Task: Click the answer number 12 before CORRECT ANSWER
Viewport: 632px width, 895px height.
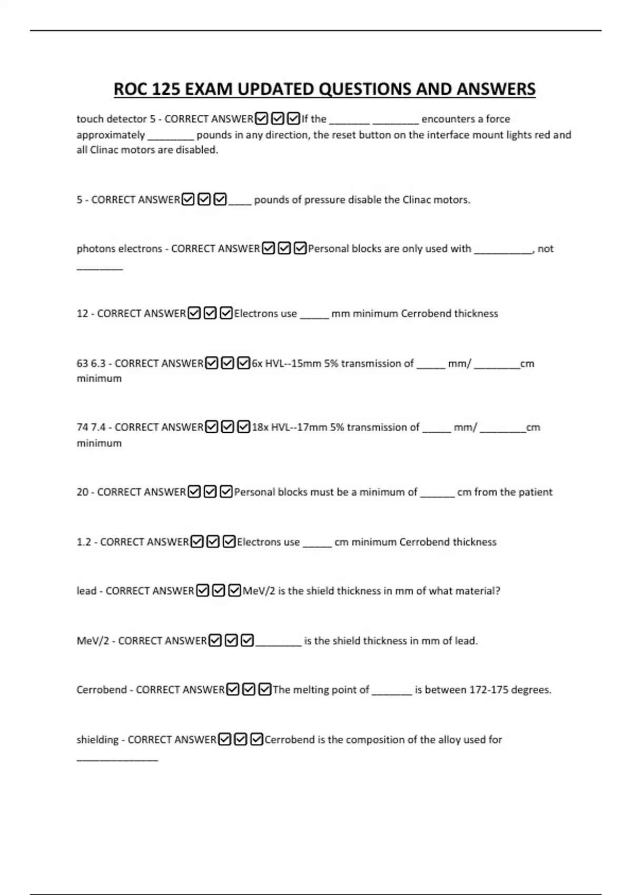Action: [82, 314]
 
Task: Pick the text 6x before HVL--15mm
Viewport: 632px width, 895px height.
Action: [256, 364]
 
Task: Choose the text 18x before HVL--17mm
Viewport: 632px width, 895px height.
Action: [260, 427]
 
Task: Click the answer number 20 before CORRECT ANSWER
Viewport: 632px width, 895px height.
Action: [82, 492]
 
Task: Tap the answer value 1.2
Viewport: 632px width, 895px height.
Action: [84, 542]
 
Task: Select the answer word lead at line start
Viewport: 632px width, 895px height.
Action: [86, 591]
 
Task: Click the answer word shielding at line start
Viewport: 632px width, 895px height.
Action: [97, 740]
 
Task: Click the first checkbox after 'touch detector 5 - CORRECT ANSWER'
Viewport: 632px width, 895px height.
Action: [261, 119]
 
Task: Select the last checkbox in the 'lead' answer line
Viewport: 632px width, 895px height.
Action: [235, 591]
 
